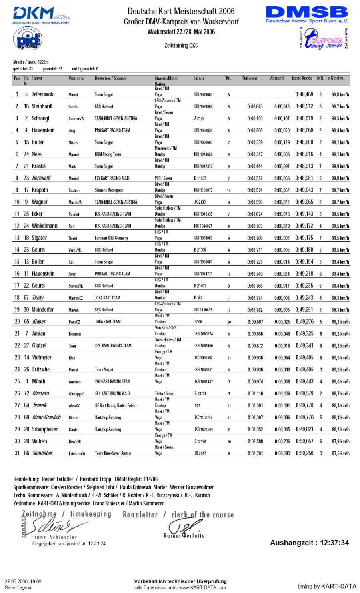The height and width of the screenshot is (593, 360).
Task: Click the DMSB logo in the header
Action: pos(306,14)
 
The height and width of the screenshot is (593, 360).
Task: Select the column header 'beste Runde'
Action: pos(302,78)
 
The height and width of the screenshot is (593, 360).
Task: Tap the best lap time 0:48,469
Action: pos(304,94)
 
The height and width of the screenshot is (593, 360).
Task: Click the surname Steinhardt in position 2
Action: pos(42,106)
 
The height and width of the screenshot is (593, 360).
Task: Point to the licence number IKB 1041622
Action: pos(203,154)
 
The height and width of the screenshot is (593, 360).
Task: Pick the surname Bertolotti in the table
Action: pos(42,178)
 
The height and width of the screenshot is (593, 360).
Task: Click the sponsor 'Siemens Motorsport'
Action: pos(109,190)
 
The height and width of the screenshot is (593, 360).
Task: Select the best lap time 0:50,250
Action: pos(304,453)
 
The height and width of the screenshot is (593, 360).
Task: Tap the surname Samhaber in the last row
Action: pos(42,453)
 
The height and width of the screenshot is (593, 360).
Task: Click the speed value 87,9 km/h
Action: pos(340,441)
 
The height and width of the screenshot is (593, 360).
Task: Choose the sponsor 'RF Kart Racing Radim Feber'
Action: pos(115,405)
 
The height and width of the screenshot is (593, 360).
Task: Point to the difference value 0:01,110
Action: pos(255,394)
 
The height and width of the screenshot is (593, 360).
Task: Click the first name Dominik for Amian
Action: pos(75,334)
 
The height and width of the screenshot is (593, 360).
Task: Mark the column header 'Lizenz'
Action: pos(199,78)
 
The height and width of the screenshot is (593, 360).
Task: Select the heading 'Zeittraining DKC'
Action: pos(181,46)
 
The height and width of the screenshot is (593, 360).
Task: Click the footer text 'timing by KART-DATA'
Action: pos(326,586)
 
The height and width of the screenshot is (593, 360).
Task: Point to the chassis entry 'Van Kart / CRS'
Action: pos(166,328)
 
